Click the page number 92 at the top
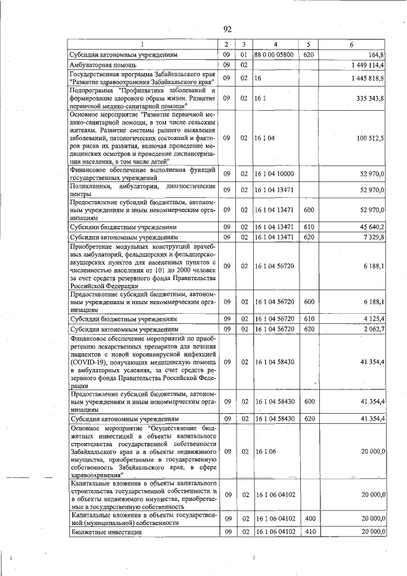coord(227,29)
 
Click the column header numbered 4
coord(275,44)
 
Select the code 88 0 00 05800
coord(273,55)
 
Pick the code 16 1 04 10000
coord(274,173)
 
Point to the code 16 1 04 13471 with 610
coord(274,227)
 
